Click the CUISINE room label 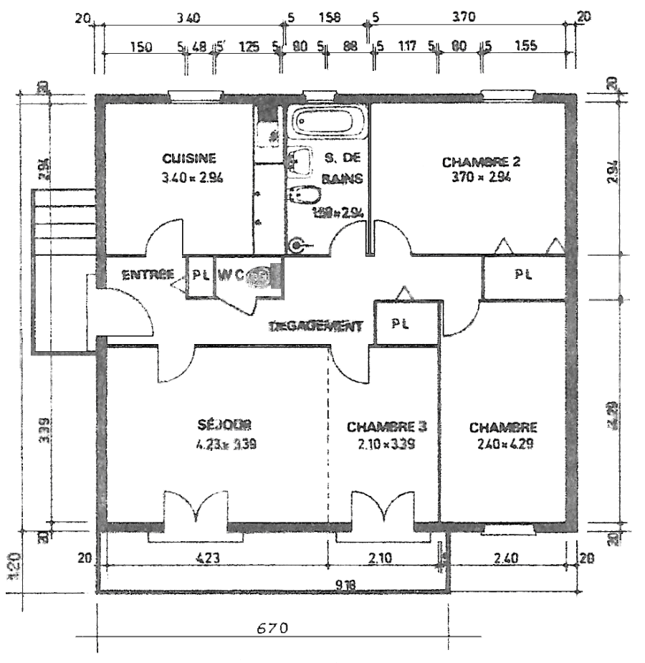[189, 158]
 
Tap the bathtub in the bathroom [326, 123]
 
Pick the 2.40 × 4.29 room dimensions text [502, 444]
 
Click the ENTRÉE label [148, 274]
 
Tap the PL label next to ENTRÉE [201, 275]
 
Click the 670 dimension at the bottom [272, 629]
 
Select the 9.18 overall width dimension [346, 583]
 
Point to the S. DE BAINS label [342, 168]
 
